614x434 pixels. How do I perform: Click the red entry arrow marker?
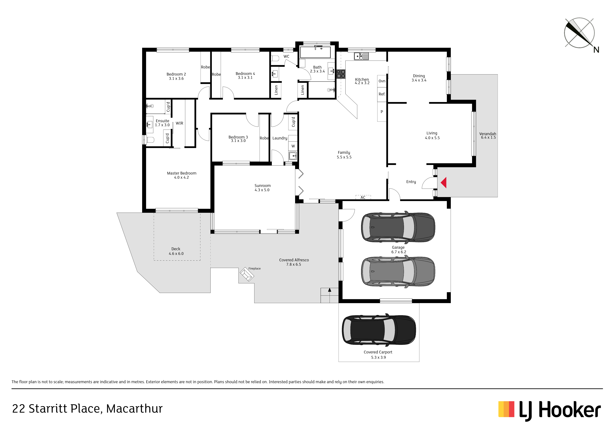coord(444,183)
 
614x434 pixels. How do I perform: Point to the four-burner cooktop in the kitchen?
coord(341,74)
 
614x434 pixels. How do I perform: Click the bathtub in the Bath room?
coord(315,52)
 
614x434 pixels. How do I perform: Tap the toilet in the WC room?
coord(275,58)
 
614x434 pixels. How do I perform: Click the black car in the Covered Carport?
coord(379,330)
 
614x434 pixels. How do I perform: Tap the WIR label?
coord(179,123)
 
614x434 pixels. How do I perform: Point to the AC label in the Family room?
coord(363,198)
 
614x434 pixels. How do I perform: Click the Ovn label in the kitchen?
coord(382,81)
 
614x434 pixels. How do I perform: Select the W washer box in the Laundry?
coord(293,146)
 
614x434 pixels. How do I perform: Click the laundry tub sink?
coord(292,156)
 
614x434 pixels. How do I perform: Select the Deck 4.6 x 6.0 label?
coord(176,251)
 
